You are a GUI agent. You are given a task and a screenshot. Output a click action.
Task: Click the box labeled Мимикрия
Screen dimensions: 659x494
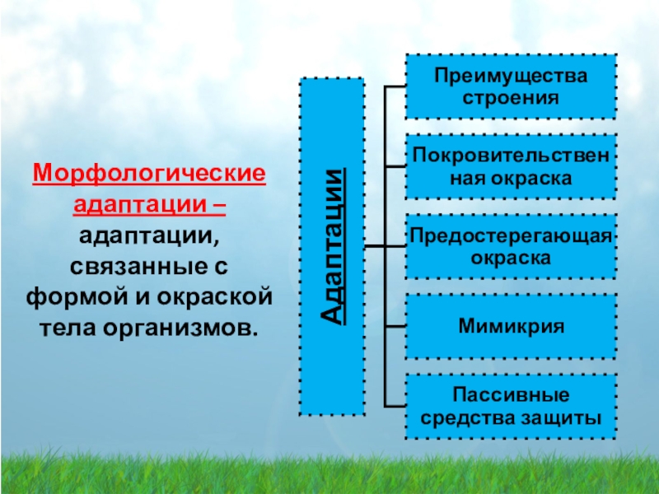coord(511,327)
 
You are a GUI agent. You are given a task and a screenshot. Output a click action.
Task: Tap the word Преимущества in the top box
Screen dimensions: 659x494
coord(511,76)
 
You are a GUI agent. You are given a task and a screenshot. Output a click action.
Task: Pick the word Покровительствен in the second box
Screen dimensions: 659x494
coord(511,156)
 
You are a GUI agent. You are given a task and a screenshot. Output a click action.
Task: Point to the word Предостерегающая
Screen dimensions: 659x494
coord(511,236)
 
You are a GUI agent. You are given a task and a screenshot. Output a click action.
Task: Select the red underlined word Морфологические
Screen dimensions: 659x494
coord(149,175)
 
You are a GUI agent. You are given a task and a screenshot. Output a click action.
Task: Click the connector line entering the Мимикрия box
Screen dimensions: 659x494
coord(395,327)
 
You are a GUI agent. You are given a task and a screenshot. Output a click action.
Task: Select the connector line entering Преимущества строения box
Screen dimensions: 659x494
coord(395,86)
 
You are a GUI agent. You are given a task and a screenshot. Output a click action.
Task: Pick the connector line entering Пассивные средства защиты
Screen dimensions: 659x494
coord(395,406)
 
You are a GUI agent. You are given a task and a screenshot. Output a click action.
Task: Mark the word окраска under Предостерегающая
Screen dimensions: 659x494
coord(511,257)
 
